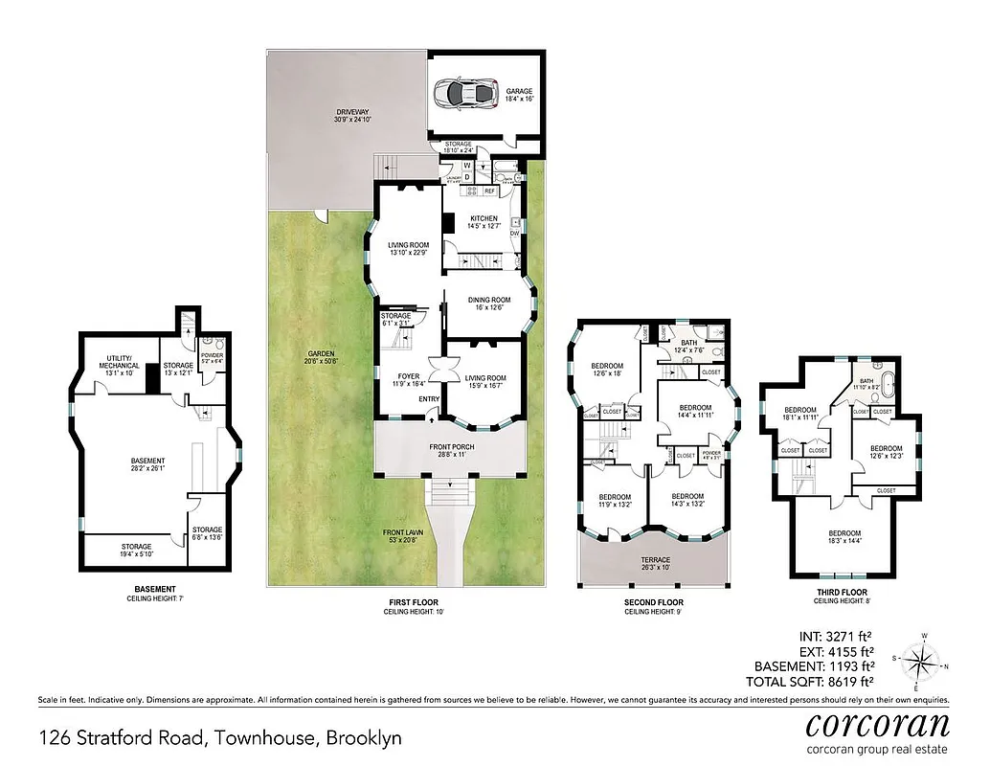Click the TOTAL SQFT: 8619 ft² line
click(814, 683)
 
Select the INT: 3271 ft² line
click(830, 634)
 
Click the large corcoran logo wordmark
click(877, 724)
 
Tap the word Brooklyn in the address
click(364, 738)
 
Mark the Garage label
click(520, 94)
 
